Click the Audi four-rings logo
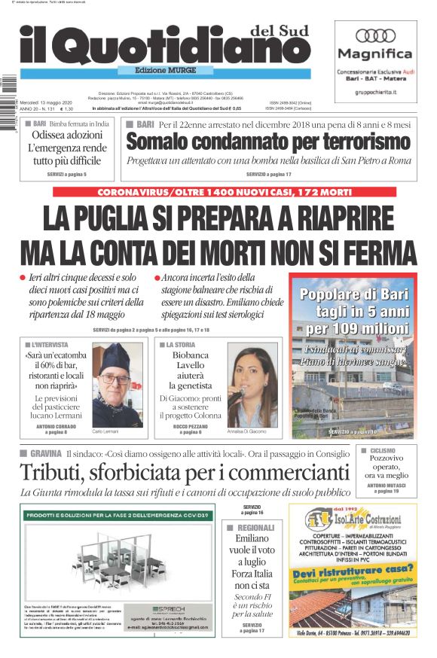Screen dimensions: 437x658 coord(374,35)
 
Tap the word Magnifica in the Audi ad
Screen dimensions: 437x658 coord(374,54)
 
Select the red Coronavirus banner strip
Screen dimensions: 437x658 coord(234,192)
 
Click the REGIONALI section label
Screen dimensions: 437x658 coord(255,528)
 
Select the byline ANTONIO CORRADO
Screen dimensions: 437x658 coord(56,427)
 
